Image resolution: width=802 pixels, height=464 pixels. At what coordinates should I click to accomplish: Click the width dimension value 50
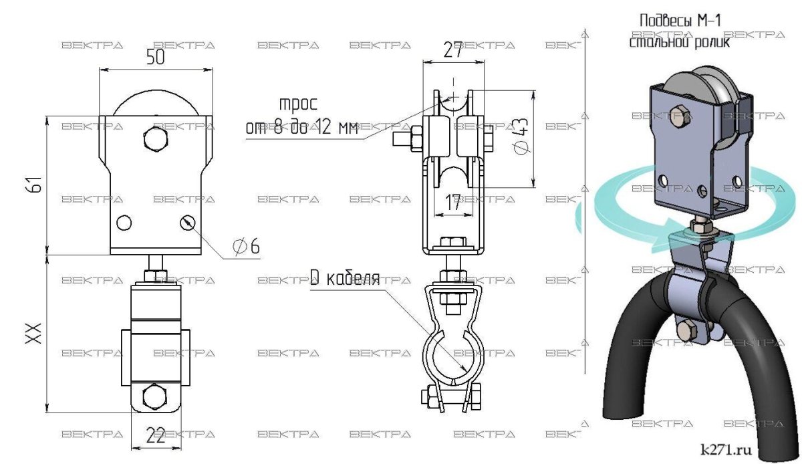click(155, 57)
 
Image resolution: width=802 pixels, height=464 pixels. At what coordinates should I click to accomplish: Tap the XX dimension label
click(34, 334)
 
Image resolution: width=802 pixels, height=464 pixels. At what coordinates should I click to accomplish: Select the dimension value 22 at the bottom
click(156, 435)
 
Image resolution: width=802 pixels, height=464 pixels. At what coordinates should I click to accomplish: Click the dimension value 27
click(453, 49)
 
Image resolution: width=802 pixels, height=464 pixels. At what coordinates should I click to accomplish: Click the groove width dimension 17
click(452, 203)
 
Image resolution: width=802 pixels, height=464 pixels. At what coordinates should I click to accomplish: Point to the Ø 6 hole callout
click(246, 246)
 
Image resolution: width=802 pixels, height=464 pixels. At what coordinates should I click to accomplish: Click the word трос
click(298, 104)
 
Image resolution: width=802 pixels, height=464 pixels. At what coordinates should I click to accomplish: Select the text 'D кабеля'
click(345, 277)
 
